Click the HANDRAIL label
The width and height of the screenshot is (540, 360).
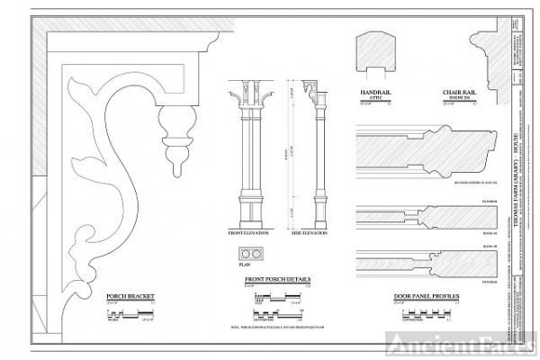[x=375, y=93]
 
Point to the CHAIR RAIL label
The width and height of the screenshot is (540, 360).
[x=457, y=93]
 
